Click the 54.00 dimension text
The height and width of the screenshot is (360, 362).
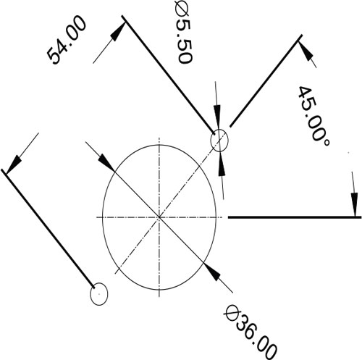[67, 40]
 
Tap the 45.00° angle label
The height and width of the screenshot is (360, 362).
[313, 117]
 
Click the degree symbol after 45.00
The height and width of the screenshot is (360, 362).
[326, 143]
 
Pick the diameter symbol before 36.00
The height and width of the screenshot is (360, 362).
[232, 313]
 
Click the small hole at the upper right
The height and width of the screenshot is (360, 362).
[219, 141]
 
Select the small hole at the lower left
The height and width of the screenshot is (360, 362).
[99, 294]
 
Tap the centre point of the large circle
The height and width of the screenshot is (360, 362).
[159, 217]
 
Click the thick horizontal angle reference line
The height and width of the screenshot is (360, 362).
[295, 217]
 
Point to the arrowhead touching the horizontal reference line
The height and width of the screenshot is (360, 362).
[354, 205]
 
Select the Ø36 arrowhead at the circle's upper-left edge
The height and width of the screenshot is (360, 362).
[106, 162]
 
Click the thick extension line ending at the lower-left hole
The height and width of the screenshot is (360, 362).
[48, 228]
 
